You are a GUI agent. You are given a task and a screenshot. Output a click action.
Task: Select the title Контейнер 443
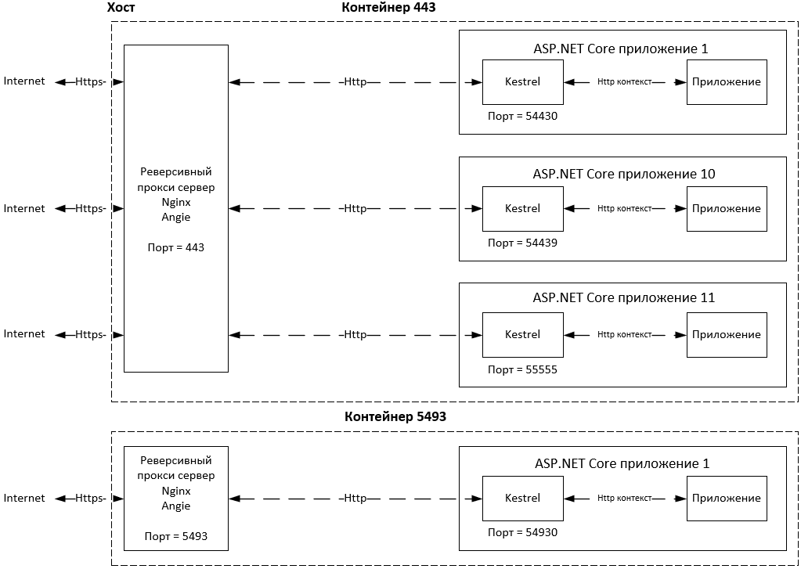(x=389, y=7)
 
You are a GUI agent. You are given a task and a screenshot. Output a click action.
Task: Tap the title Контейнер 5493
(x=395, y=417)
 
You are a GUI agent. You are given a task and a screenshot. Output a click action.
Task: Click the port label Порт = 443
(x=176, y=247)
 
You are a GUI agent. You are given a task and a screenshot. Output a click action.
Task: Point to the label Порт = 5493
(x=176, y=536)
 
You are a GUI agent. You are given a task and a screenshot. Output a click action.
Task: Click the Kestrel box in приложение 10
(x=522, y=208)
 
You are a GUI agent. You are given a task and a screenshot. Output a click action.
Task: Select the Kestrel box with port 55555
(x=522, y=334)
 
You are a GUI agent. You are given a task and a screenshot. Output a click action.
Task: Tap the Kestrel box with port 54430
(x=522, y=81)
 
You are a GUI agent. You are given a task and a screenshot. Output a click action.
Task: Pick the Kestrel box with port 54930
(x=522, y=498)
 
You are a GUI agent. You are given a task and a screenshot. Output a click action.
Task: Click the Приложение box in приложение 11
(x=726, y=334)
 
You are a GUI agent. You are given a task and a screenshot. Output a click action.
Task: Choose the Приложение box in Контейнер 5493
(x=726, y=498)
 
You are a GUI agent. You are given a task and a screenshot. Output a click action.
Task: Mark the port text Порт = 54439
(x=522, y=243)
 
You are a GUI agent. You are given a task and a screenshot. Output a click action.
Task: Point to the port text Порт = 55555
(x=522, y=369)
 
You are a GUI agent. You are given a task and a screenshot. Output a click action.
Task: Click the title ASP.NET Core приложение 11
(x=623, y=297)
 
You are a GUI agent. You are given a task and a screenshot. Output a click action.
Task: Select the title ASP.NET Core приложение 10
(x=623, y=174)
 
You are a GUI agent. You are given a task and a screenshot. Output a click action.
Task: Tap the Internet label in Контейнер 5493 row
(x=24, y=498)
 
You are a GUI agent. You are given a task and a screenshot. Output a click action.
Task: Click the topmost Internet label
(x=24, y=81)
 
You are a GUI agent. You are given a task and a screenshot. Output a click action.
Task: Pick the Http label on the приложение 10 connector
(x=355, y=208)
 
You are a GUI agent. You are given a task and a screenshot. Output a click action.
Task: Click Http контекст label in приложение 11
(x=624, y=334)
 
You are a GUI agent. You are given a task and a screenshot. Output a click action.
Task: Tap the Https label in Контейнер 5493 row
(x=89, y=498)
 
